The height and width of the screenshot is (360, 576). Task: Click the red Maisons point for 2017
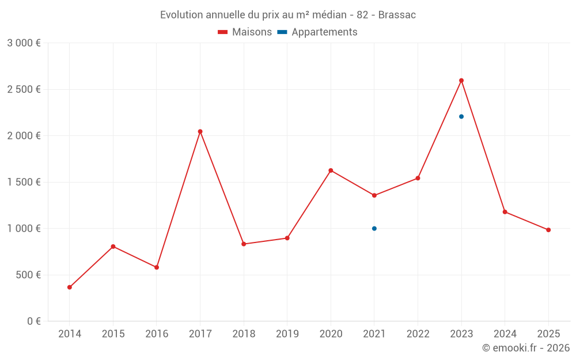click(200, 131)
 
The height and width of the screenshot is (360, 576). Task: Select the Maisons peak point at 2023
click(461, 81)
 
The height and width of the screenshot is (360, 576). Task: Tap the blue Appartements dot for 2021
click(374, 229)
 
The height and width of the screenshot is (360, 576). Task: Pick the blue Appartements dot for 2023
click(461, 116)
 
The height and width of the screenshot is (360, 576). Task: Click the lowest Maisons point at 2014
click(70, 287)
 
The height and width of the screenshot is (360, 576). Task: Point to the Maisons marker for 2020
click(331, 170)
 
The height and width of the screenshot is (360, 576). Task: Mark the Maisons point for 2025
click(548, 230)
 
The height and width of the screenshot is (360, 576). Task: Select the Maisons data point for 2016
click(157, 267)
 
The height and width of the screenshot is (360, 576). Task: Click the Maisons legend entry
click(245, 32)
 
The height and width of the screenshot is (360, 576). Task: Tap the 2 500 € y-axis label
click(24, 89)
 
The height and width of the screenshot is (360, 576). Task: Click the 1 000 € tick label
click(24, 229)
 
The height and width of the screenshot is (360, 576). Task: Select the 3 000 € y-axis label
click(24, 43)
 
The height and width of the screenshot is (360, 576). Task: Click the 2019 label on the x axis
click(287, 334)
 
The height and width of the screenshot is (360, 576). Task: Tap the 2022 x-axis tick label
click(418, 334)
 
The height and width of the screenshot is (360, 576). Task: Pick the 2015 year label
click(113, 334)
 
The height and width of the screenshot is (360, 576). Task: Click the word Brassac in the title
click(397, 15)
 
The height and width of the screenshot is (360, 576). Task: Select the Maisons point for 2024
click(505, 212)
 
